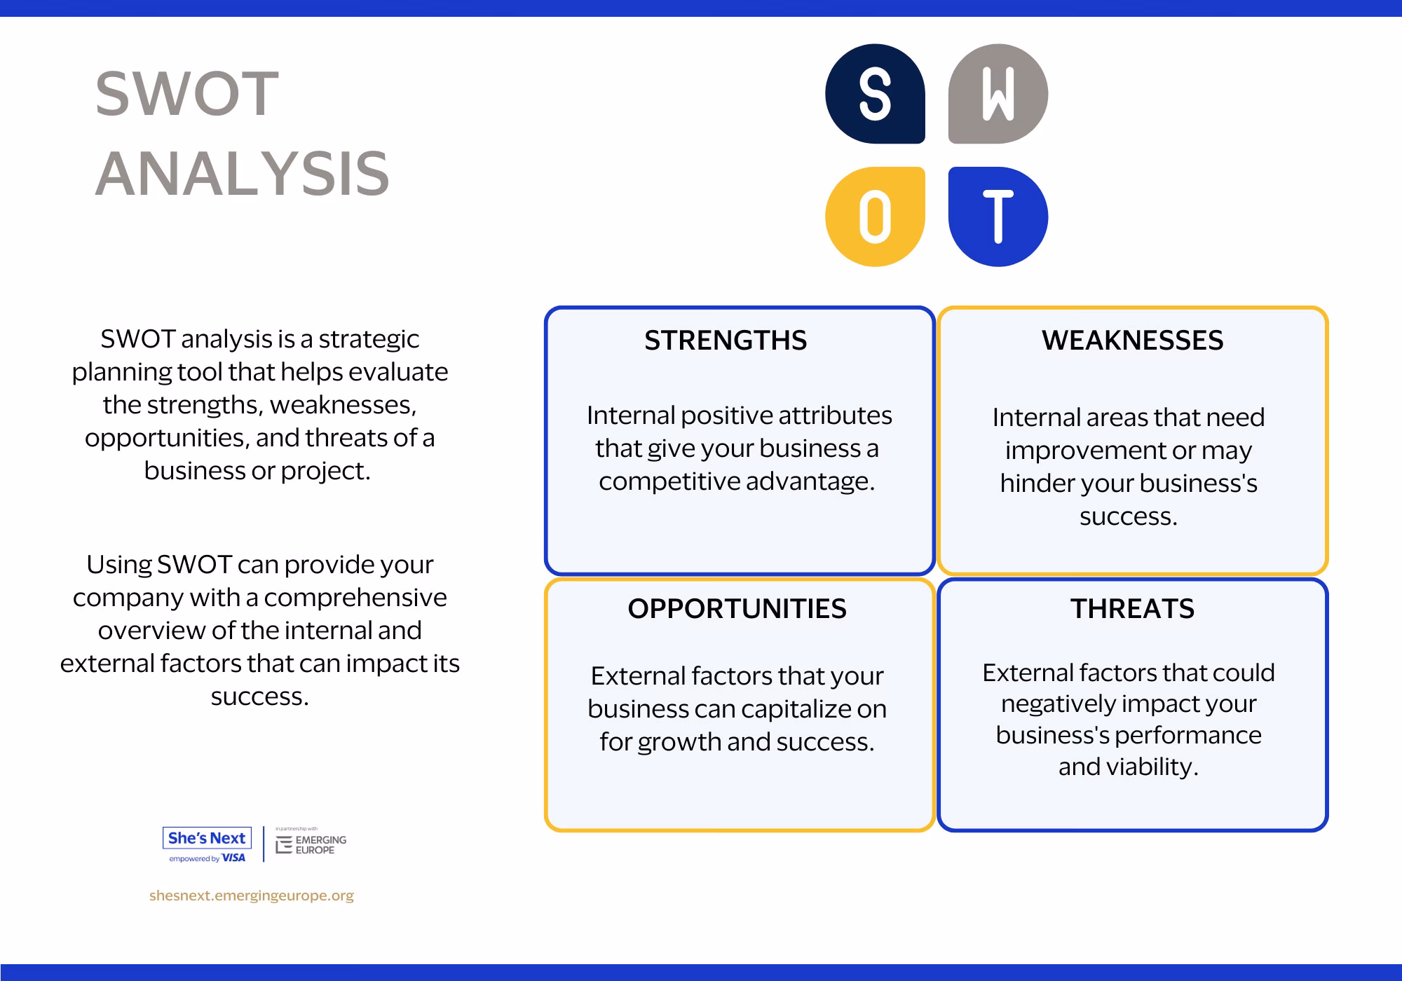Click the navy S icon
point(875,94)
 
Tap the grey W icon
point(998,94)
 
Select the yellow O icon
point(875,217)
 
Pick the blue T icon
point(998,217)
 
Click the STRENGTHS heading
point(726,341)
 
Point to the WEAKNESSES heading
point(1133,341)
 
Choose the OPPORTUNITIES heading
point(737,609)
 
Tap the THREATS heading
point(1133,609)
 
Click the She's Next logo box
point(207,838)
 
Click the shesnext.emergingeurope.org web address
point(252,896)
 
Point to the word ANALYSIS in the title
point(243,174)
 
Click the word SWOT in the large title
point(187,94)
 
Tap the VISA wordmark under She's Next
point(234,858)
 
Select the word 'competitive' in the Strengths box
point(669,481)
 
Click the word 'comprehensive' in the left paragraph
point(355,598)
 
